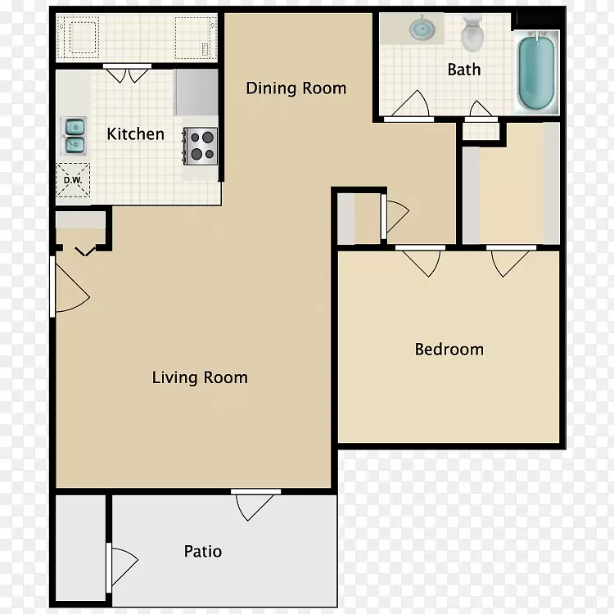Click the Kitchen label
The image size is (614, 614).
tap(135, 134)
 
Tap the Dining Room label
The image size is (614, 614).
tap(296, 88)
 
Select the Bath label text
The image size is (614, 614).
tap(464, 70)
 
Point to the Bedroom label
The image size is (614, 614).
tap(449, 350)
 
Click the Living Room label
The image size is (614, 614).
tap(200, 378)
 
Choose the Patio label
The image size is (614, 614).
tap(203, 551)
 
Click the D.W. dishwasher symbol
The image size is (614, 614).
tap(73, 181)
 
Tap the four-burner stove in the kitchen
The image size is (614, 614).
tap(200, 146)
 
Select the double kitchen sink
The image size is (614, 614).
tap(74, 135)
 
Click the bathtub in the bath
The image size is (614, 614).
tap(536, 72)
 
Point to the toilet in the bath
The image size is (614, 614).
tap(472, 33)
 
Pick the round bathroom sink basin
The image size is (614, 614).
tap(422, 29)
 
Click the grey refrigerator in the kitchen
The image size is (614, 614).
tap(196, 93)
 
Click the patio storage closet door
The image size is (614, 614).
tap(121, 567)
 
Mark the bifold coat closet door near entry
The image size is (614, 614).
tap(85, 251)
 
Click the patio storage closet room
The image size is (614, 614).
tap(81, 548)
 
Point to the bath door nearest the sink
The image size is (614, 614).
tap(409, 105)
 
